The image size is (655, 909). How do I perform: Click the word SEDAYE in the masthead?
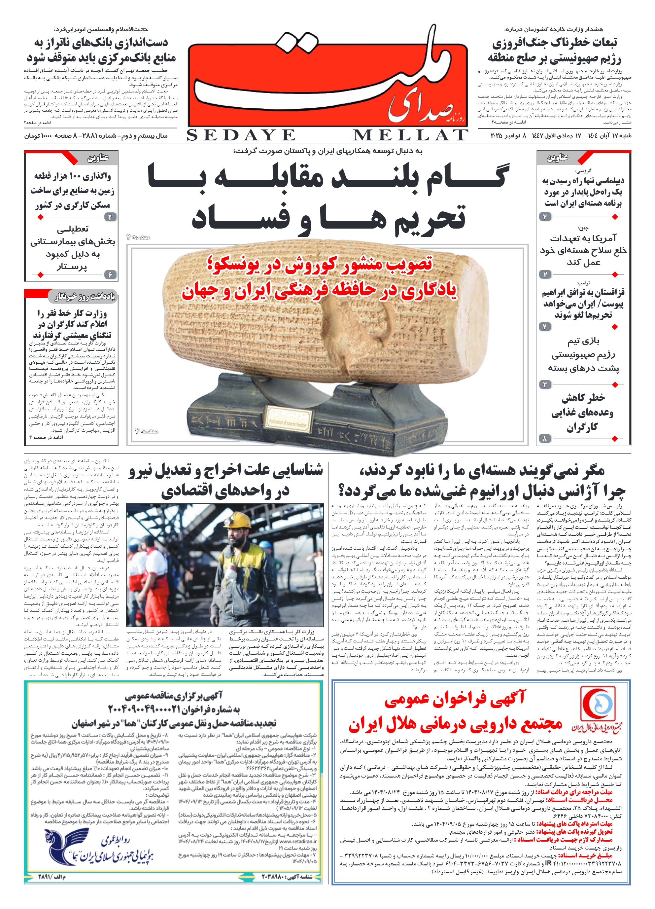tap(241, 135)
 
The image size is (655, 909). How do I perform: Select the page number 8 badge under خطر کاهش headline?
tap(544, 439)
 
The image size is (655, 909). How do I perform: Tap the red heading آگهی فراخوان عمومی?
tap(454, 699)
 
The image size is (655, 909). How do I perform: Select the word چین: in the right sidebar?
tap(583, 228)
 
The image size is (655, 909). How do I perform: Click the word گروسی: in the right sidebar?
tap(583, 170)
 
